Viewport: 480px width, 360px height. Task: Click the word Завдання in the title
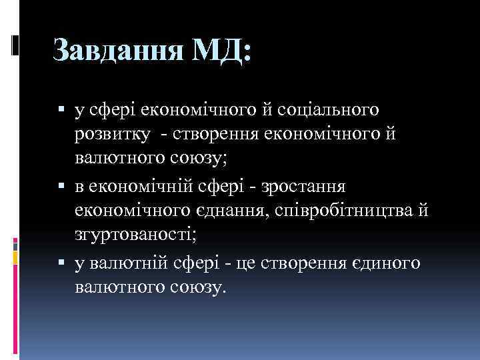pos(117,51)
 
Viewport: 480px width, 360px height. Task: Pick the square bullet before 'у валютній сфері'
pos(62,264)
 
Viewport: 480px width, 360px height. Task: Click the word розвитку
pos(112,133)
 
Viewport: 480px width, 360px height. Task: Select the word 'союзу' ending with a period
pos(200,289)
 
